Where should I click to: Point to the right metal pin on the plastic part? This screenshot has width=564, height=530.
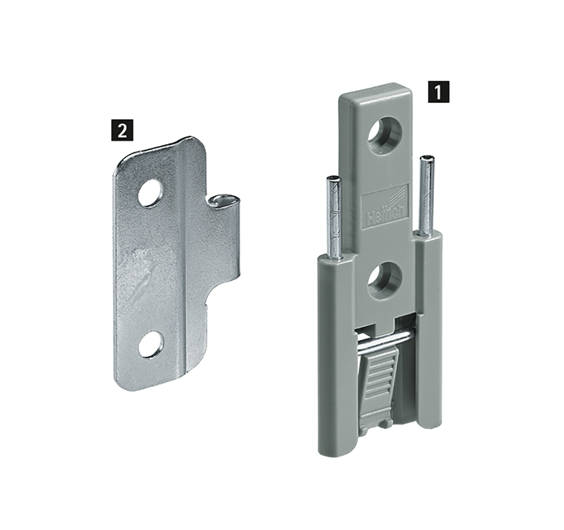point(427,191)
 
